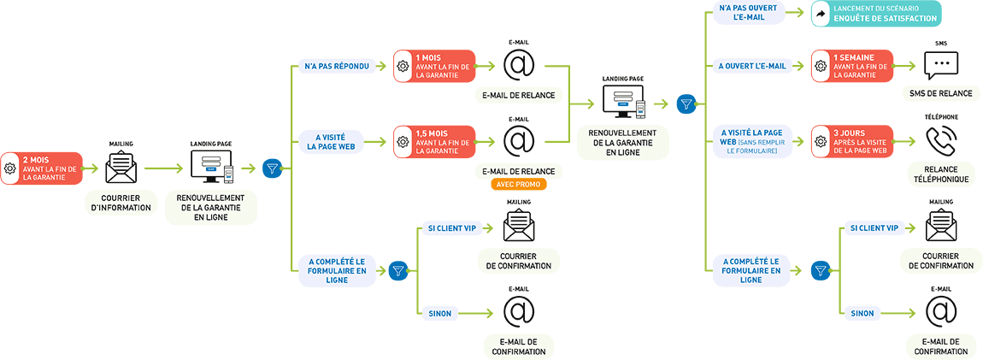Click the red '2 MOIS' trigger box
pos(43,168)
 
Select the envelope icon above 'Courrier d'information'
pos(121,168)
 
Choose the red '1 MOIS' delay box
pos(434,66)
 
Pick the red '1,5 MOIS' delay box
pos(434,141)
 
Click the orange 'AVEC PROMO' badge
pos(518,184)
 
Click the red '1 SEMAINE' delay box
pos(852,66)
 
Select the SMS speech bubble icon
pos(941,66)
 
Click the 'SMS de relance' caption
pos(941,93)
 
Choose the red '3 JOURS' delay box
pos(852,141)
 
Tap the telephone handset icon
pos(941,141)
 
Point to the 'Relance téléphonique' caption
pos(941,174)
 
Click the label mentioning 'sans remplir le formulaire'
pos(752,141)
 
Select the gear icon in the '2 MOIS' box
pos(10,168)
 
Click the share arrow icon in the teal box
pos(821,13)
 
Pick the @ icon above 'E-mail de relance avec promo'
pos(518,140)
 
